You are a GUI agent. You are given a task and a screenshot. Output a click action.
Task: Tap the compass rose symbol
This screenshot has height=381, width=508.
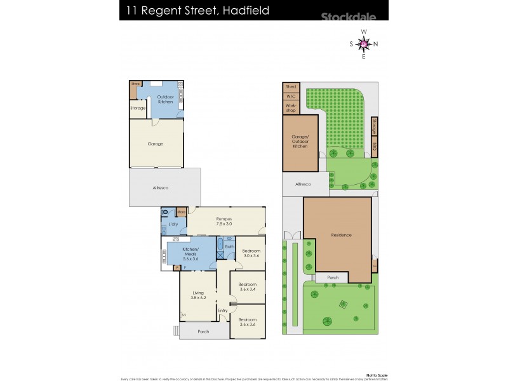[363, 43]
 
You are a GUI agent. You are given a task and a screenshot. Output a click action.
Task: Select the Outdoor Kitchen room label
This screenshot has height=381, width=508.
[164, 99]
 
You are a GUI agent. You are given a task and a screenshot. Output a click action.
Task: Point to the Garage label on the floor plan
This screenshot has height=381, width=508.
[156, 144]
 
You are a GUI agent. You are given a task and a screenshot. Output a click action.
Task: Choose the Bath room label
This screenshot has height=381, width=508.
[229, 246]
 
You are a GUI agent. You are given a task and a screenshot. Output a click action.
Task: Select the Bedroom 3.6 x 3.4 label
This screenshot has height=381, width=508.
[248, 286]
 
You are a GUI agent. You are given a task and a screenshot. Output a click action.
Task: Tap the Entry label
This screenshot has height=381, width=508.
[223, 311]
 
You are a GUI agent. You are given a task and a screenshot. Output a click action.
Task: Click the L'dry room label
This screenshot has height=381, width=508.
[172, 225]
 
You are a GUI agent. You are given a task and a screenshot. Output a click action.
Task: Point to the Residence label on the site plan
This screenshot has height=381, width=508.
[341, 235]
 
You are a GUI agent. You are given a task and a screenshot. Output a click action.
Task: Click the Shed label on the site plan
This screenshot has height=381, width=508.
[291, 86]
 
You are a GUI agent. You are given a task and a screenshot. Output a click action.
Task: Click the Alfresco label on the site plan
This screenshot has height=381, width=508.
[304, 184]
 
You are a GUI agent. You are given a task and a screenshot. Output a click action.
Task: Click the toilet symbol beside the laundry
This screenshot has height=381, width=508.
[165, 212]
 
